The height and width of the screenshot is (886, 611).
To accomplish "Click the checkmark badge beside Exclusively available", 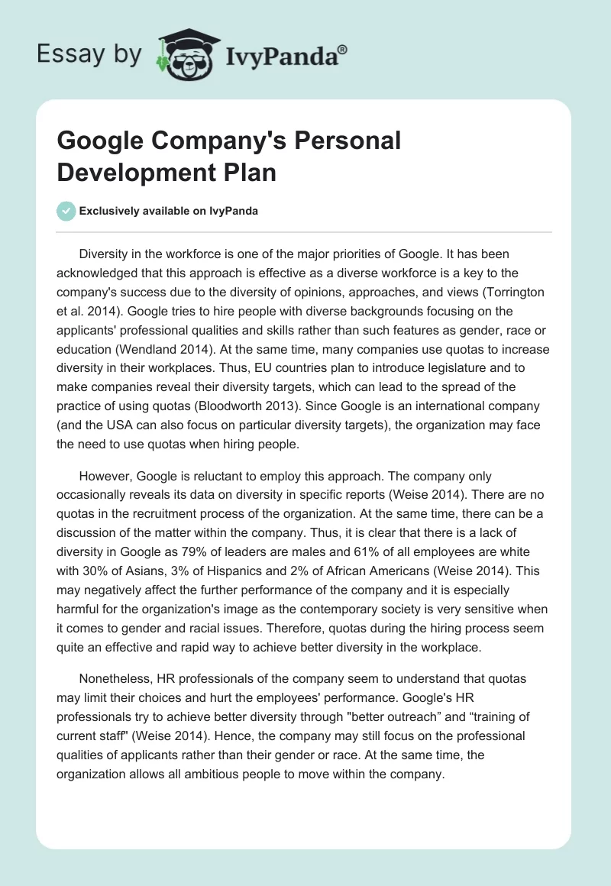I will [x=66, y=211].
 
